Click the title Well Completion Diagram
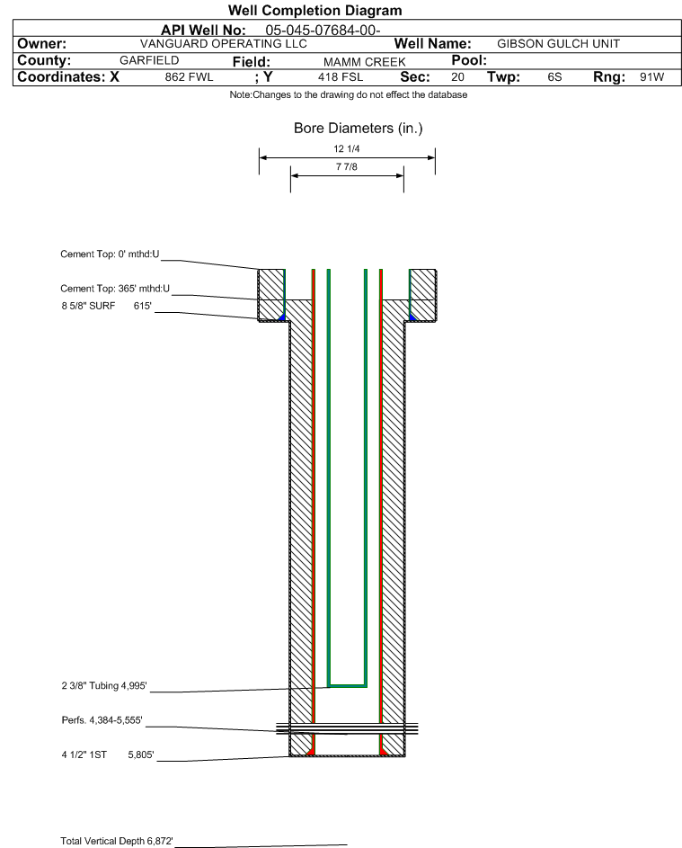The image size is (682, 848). pos(315,10)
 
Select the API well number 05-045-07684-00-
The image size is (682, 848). pos(323,31)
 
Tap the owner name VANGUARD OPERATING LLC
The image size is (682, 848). pos(223,44)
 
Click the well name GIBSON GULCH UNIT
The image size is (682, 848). pos(558,44)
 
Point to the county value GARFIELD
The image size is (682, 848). pos(149,60)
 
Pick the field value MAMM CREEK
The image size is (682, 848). pos(364,62)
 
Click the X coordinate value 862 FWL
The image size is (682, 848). pos(189,76)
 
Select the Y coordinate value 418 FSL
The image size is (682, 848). pos(341,76)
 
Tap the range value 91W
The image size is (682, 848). pos(651,76)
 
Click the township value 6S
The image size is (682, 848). pos(554,76)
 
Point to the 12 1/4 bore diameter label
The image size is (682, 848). pos(347,148)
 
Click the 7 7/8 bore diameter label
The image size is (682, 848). pos(347,166)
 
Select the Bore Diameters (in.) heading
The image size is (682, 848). pos(359,129)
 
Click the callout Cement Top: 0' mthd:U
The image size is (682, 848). pos(110,254)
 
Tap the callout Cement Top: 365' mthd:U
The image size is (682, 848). pos(115,289)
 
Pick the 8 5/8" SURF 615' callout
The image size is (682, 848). pos(106,306)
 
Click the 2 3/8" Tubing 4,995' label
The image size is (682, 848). pos(103,686)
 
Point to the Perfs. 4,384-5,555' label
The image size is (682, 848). pos(102,720)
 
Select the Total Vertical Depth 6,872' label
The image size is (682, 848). pos(117,841)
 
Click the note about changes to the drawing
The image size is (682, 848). pos(349,94)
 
